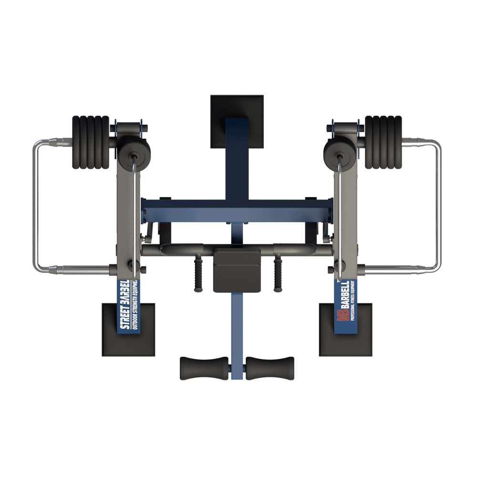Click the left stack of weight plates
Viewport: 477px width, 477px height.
point(91,142)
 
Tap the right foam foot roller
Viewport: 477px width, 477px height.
point(270,368)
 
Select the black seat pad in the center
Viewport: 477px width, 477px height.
point(237,270)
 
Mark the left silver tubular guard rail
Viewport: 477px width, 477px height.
point(35,205)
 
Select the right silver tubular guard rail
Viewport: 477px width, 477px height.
point(440,205)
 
